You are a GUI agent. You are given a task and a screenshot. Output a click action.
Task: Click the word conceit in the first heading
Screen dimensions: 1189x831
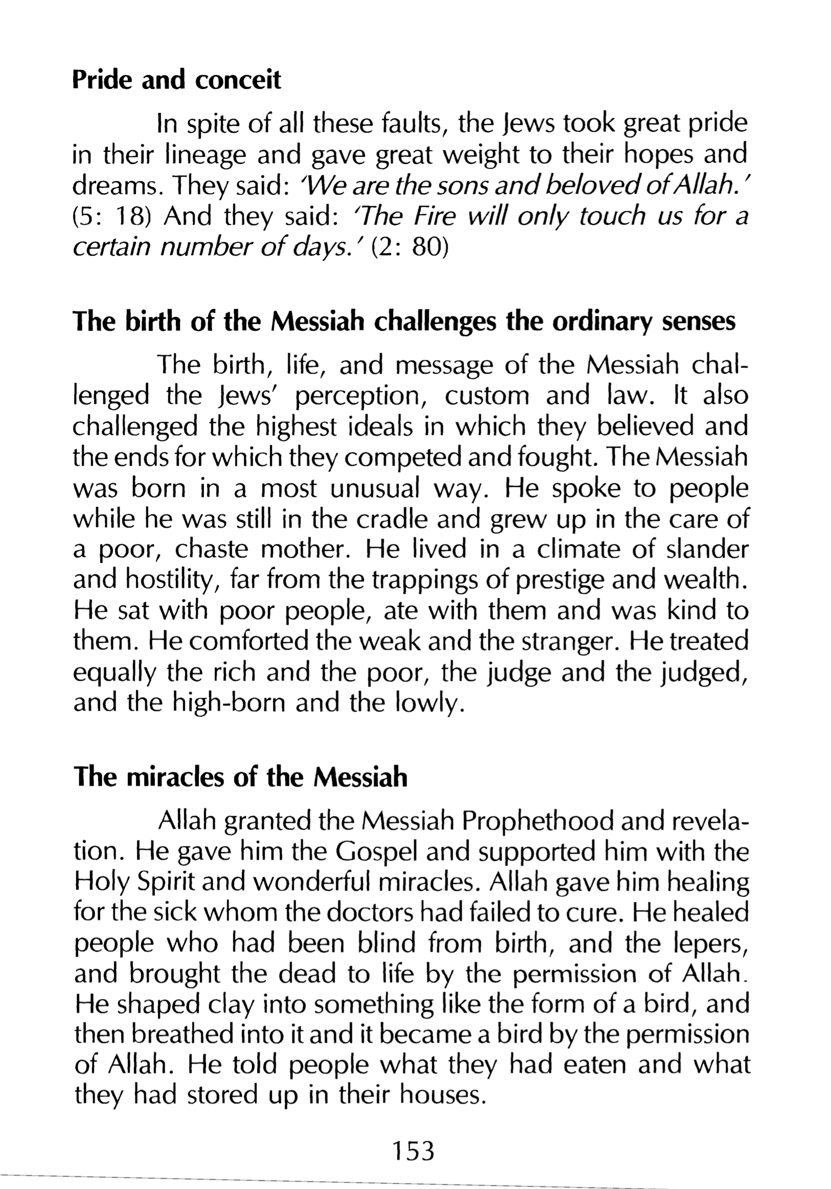(238, 80)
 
